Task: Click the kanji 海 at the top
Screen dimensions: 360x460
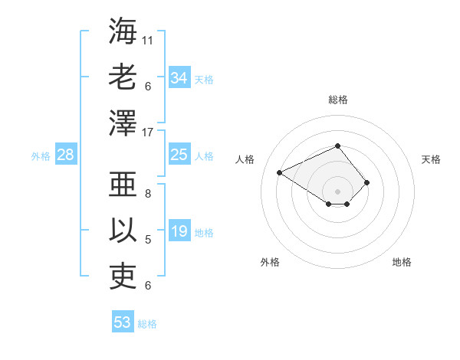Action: [x=123, y=31]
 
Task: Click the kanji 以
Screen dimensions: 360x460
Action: [x=123, y=230]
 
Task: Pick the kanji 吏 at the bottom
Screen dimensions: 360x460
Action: [x=123, y=276]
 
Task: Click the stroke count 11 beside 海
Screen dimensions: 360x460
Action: [x=148, y=39]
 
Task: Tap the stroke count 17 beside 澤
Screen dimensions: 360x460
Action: [x=148, y=132]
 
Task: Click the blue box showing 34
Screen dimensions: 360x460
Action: [x=179, y=77]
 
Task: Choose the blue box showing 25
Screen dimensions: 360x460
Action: [x=179, y=155]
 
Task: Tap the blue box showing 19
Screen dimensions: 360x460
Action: [x=179, y=231]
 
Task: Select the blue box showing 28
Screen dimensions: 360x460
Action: [x=66, y=155]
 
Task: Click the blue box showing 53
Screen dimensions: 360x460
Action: [x=123, y=322]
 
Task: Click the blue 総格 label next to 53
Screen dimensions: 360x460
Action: [x=147, y=324]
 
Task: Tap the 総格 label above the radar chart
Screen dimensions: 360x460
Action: [x=337, y=100]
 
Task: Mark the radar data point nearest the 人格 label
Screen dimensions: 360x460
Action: [x=280, y=172]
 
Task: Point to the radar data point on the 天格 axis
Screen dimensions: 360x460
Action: [x=367, y=182]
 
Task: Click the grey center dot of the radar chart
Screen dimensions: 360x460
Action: [x=337, y=191]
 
